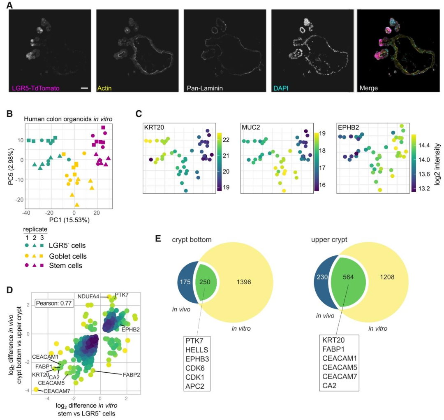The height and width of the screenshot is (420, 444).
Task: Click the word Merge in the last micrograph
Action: point(368,88)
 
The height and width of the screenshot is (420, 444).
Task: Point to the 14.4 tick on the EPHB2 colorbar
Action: point(427,145)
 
